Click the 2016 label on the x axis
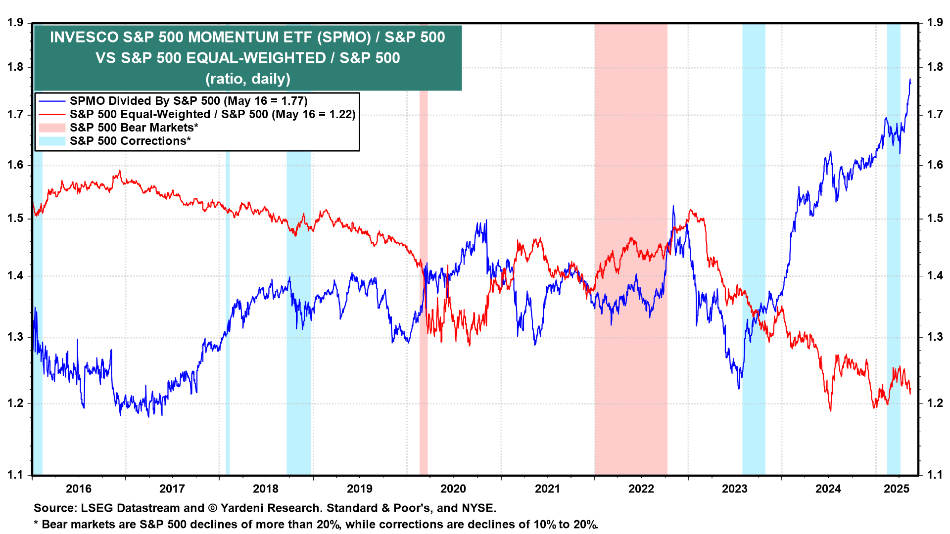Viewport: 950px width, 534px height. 79,489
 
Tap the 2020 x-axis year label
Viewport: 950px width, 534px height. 453,489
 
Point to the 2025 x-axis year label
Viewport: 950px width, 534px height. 897,489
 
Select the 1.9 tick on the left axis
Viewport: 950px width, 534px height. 15,23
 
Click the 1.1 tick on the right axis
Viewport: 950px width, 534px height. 935,475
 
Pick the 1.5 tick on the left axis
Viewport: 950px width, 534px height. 15,219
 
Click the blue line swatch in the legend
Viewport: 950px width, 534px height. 52,101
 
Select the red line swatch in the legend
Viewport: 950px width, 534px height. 52,115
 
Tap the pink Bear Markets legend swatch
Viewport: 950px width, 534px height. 52,128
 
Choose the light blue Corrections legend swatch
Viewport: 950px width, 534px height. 52,141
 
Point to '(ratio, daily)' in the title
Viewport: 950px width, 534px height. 248,79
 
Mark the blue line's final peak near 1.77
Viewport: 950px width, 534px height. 910,80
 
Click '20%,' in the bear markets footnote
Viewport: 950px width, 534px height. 329,525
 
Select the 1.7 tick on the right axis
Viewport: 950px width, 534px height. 935,115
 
